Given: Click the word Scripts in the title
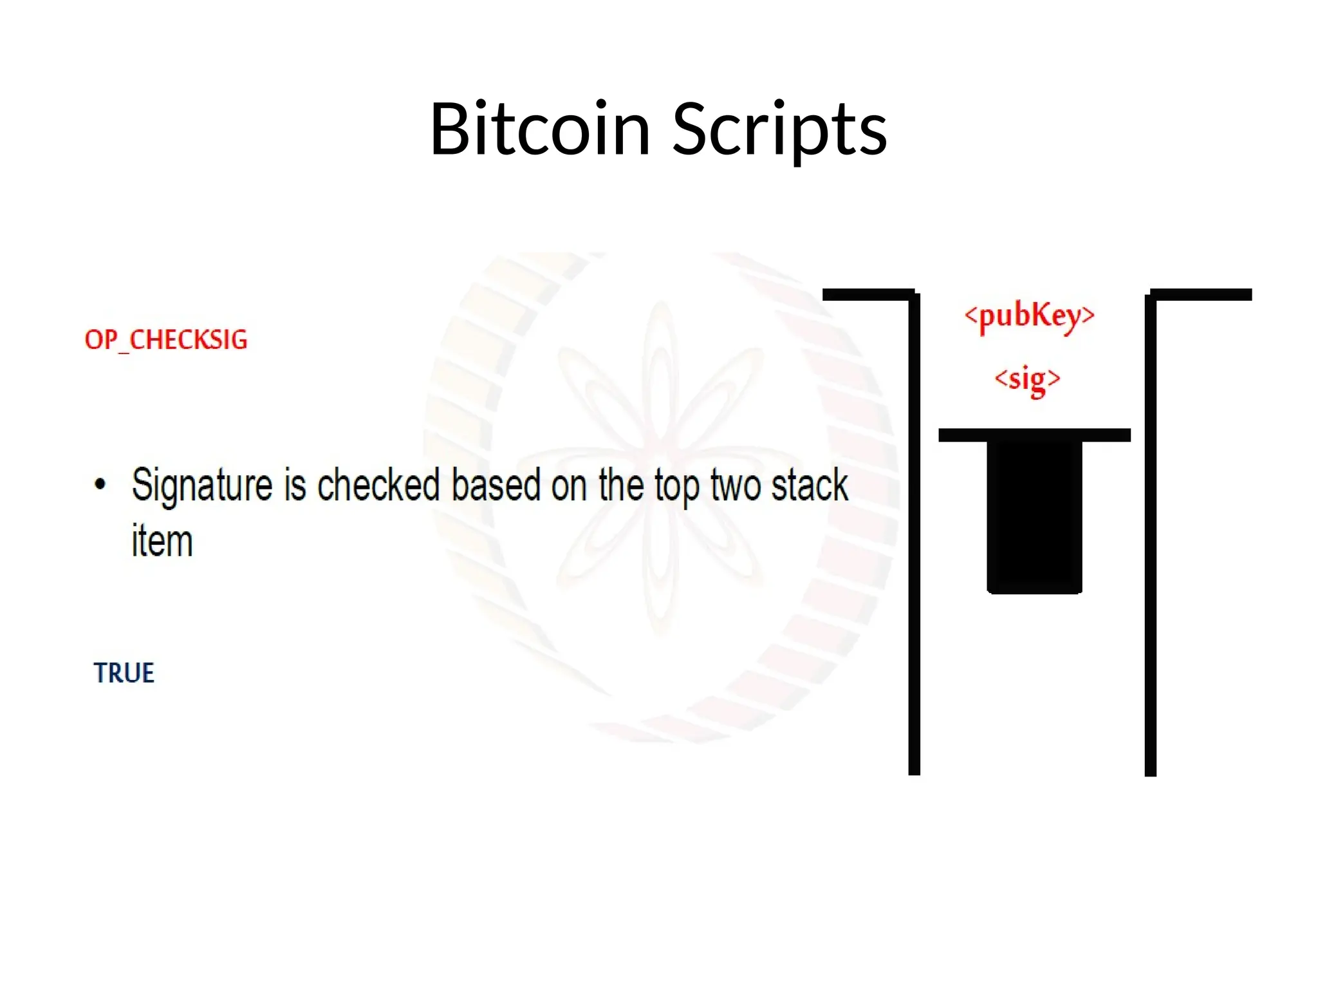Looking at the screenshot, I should (x=779, y=131).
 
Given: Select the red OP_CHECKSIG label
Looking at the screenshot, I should (x=166, y=340).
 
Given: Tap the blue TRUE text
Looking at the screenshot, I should (x=124, y=673).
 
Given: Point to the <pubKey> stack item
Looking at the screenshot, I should (x=1029, y=316).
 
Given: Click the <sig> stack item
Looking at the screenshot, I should (x=1027, y=379).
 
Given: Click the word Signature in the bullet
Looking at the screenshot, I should (x=202, y=486).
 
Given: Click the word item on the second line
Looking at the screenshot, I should (x=162, y=541).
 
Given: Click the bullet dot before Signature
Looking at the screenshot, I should (x=100, y=484).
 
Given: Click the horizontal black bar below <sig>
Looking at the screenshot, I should (x=1034, y=435).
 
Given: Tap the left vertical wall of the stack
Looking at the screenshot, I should (x=914, y=534).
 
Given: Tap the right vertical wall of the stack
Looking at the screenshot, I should (x=1151, y=534).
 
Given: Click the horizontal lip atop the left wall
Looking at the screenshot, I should (x=868, y=295).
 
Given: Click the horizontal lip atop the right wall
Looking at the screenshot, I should (x=1201, y=295).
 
